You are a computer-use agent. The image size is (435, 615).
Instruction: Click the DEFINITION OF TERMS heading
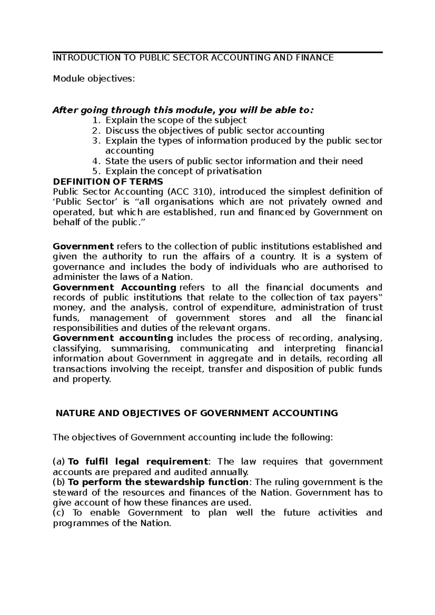[108, 181]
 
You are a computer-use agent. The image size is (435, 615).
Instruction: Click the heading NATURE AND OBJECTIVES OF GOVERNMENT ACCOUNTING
[196, 413]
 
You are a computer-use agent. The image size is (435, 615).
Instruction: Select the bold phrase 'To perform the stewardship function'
[158, 482]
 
